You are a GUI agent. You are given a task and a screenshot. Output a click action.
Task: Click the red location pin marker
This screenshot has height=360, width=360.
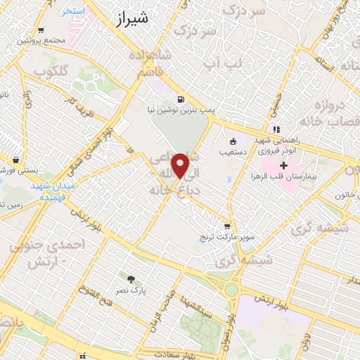(181, 165)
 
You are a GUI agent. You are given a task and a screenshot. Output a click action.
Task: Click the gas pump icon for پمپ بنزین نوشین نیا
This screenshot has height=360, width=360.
(181, 99)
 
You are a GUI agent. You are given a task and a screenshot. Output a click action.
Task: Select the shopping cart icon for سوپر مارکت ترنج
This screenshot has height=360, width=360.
(226, 226)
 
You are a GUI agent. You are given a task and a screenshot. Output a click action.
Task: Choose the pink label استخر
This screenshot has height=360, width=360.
(72, 12)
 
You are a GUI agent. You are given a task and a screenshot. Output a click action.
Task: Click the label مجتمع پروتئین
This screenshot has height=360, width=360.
(44, 40)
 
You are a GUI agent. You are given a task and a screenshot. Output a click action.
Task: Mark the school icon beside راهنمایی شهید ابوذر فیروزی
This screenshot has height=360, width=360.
(278, 129)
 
